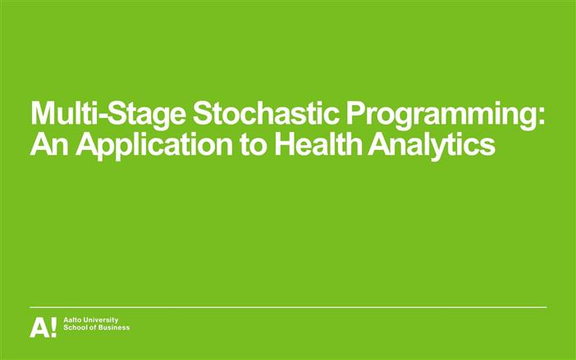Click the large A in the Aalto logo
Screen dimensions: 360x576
tap(39, 327)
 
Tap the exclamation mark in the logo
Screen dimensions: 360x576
tap(54, 327)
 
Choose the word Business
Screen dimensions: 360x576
tap(116, 328)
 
